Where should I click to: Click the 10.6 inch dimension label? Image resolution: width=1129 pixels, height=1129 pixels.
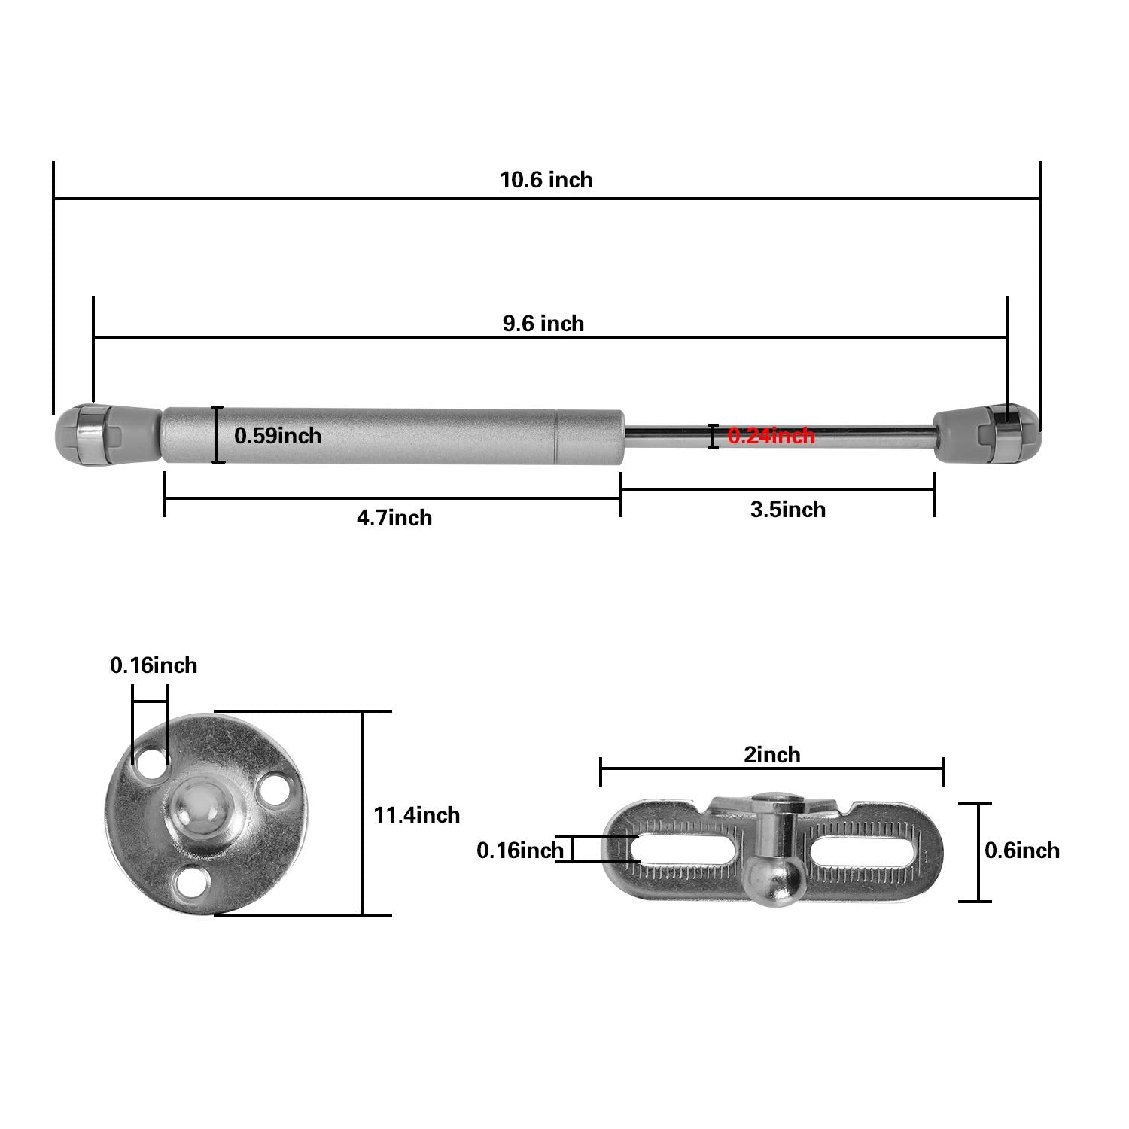click(x=546, y=180)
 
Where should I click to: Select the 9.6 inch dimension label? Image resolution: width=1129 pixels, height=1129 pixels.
click(x=543, y=324)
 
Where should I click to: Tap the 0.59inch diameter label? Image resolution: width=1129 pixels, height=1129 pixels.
click(x=278, y=436)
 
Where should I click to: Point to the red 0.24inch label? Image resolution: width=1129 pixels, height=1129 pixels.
click(x=771, y=436)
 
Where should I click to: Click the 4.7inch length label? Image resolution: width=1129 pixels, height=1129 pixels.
click(x=394, y=518)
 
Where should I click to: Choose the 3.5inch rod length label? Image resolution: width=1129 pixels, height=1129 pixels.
click(x=788, y=510)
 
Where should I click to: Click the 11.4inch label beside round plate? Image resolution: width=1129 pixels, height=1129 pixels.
click(x=417, y=814)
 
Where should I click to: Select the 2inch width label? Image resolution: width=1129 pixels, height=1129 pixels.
click(x=772, y=755)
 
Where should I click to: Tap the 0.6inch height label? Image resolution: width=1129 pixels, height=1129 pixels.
click(x=1022, y=851)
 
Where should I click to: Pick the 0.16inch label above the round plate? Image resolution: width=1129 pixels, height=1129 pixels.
click(x=154, y=665)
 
